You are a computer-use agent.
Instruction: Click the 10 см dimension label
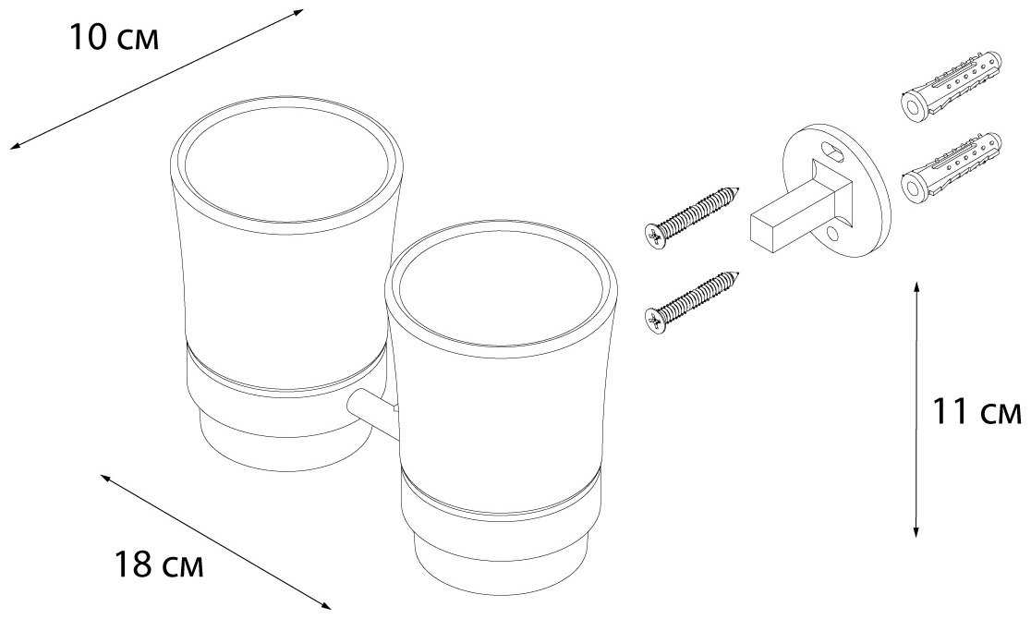[114, 39]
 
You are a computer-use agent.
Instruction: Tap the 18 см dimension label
[159, 564]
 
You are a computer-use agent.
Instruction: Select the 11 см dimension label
[977, 413]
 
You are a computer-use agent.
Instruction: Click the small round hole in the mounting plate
[832, 234]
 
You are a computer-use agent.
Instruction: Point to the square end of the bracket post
[764, 227]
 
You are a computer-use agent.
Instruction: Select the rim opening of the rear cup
[286, 168]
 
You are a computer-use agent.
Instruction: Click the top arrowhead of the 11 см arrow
[916, 288]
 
